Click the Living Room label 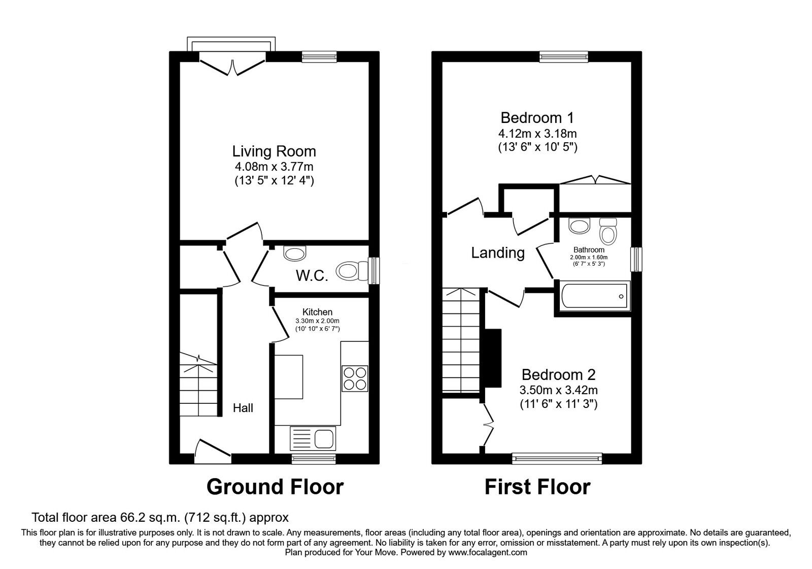(x=274, y=151)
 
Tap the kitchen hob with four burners (x=355, y=378)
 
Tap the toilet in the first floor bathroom (x=607, y=232)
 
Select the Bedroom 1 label (x=537, y=118)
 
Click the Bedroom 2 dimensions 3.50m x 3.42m (x=558, y=391)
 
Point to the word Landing (x=498, y=252)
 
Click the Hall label (x=243, y=408)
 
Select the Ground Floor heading (x=275, y=487)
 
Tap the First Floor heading (x=537, y=487)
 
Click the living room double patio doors (x=232, y=65)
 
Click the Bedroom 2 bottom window (x=557, y=459)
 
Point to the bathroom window (x=636, y=259)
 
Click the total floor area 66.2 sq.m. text (x=160, y=518)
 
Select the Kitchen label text (x=317, y=312)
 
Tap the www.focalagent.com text (x=487, y=552)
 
